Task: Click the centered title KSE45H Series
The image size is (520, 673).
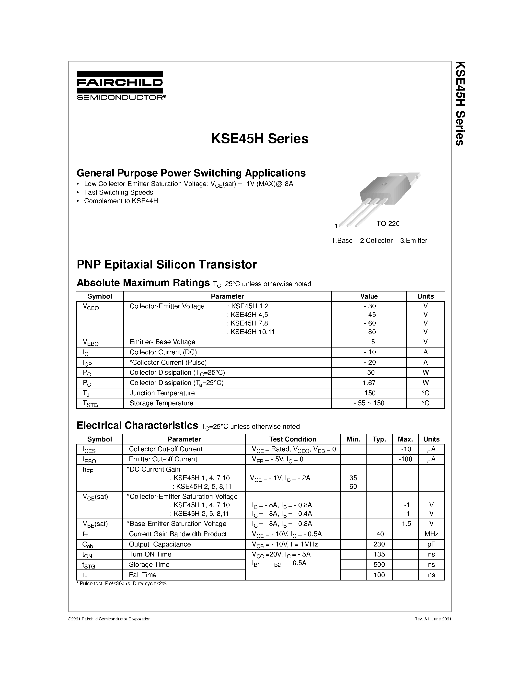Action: click(259, 139)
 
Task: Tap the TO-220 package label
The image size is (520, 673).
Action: click(388, 224)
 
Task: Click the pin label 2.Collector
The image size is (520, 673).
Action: click(376, 241)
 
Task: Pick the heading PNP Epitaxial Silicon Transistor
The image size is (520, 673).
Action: click(166, 264)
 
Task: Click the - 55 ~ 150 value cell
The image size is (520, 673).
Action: click(369, 403)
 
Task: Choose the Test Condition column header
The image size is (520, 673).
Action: click(292, 439)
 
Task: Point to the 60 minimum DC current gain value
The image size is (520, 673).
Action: click(353, 487)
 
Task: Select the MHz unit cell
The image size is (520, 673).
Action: click(431, 534)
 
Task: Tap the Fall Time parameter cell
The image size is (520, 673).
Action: click(143, 575)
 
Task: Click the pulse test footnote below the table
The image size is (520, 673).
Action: click(121, 584)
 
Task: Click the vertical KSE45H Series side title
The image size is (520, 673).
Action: click(460, 103)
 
